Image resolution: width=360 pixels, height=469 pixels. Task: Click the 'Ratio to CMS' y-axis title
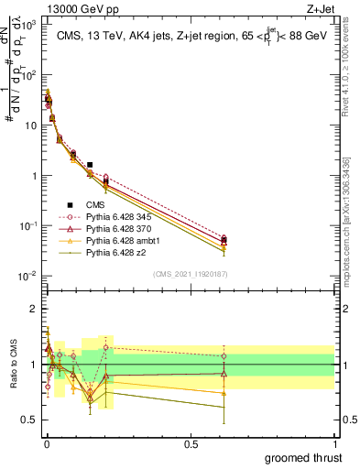[x=12, y=376]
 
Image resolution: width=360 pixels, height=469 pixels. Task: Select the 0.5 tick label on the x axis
[x=190, y=443]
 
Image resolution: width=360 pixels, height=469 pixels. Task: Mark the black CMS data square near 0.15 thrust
[x=89, y=165]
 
